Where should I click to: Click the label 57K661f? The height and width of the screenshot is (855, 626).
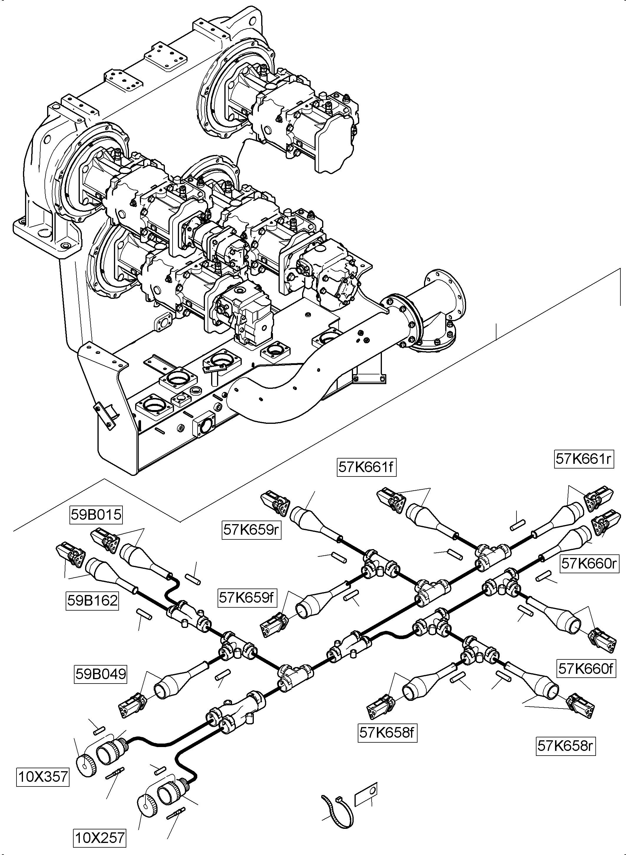coord(366,467)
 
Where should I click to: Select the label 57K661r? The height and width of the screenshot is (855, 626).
coord(584,459)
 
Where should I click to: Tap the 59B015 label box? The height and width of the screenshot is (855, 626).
coord(96,515)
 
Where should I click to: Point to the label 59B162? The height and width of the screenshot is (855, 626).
coord(92,601)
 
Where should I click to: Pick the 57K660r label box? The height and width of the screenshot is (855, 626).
coord(589,564)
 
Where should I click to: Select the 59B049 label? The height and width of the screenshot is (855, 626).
coord(100,674)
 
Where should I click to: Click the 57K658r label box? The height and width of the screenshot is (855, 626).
coord(565,746)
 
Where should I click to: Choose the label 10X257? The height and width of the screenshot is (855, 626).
coord(99,838)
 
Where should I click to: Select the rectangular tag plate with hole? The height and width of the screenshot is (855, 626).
coord(366,795)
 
